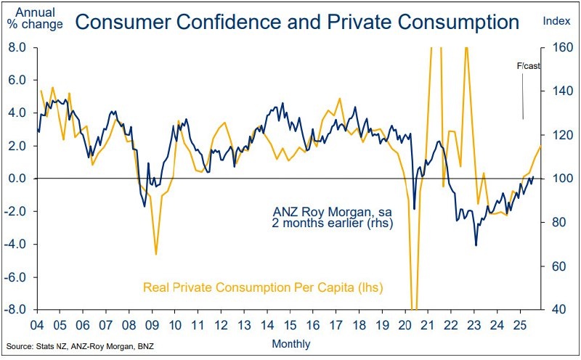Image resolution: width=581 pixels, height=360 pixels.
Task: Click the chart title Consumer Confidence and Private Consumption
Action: click(x=296, y=22)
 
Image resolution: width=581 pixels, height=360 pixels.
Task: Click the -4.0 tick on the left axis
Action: click(x=17, y=244)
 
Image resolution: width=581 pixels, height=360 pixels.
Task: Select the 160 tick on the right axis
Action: click(x=560, y=48)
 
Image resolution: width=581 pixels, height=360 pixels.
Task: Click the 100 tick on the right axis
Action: click(x=560, y=179)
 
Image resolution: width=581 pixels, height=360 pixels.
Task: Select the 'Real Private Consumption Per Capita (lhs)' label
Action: click(x=263, y=287)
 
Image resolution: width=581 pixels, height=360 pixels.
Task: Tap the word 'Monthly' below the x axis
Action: click(x=291, y=343)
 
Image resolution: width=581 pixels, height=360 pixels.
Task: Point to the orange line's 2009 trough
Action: click(x=155, y=254)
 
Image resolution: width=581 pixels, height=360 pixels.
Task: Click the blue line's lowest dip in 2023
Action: click(x=476, y=245)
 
